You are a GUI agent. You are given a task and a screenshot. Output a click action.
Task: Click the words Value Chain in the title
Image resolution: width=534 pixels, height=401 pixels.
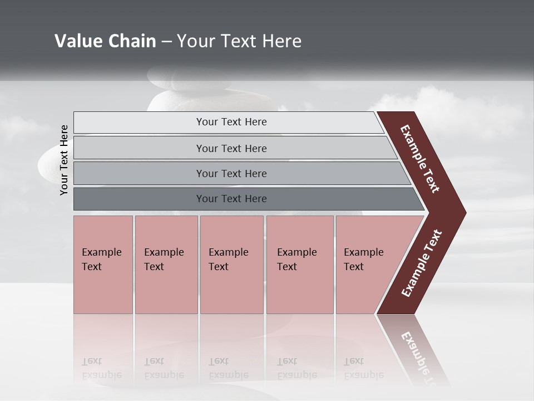(x=105, y=41)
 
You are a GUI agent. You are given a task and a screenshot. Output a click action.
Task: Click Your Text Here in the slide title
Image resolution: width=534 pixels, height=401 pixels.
(x=239, y=41)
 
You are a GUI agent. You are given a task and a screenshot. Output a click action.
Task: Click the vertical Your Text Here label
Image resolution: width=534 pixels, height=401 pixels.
(x=64, y=160)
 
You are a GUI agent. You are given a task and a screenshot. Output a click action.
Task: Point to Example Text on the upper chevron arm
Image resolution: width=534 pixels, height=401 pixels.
(x=420, y=159)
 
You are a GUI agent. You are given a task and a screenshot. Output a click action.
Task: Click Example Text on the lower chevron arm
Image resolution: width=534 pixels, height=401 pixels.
(x=422, y=263)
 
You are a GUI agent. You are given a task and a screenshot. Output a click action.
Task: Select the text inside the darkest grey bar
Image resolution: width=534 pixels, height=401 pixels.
(x=231, y=199)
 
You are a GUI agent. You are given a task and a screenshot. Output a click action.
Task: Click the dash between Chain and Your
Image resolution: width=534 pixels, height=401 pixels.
(x=166, y=42)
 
